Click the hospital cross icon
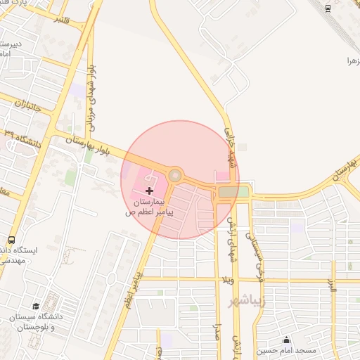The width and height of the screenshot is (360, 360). point(149,191)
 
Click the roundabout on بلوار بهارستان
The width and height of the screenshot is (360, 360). point(175,175)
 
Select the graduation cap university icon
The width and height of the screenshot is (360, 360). point(36,307)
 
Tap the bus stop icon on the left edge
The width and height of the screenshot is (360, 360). point(11,240)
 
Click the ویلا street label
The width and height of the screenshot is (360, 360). point(226,280)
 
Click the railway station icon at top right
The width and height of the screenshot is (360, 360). point(329,8)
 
